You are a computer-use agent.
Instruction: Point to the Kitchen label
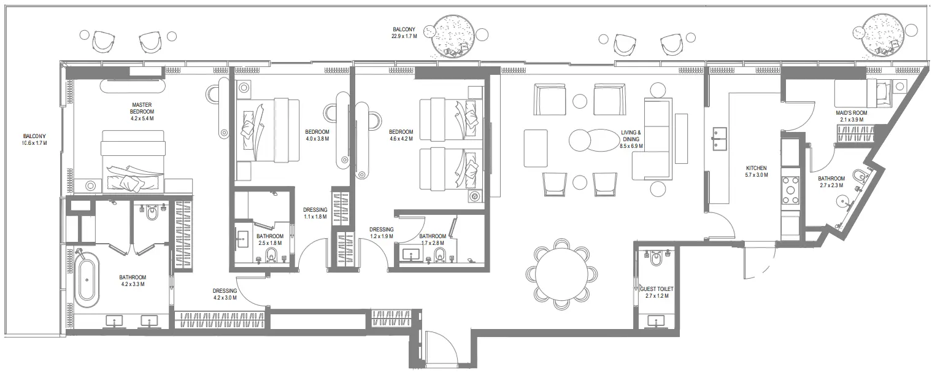point(756,168)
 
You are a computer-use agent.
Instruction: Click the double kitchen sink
point(719,139)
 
